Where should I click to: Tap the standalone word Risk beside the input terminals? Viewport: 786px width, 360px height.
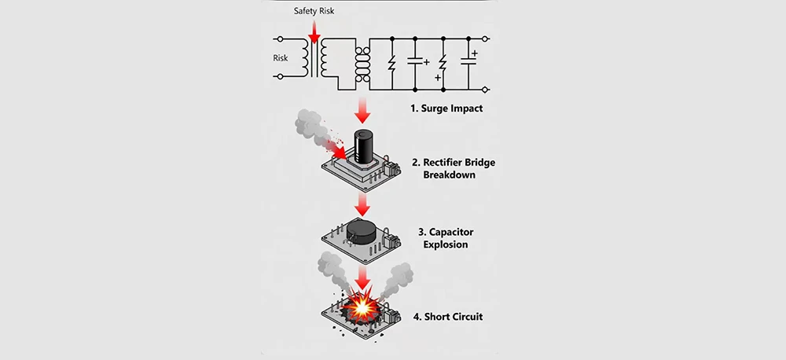(281, 57)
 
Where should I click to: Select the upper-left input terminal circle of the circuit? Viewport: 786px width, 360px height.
(277, 39)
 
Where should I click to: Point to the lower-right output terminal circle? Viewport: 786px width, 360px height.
(486, 90)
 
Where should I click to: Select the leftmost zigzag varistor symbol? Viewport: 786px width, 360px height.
(391, 62)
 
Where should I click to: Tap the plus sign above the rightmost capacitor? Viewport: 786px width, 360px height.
(476, 53)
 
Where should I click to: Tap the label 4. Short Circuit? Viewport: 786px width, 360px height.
(448, 317)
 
